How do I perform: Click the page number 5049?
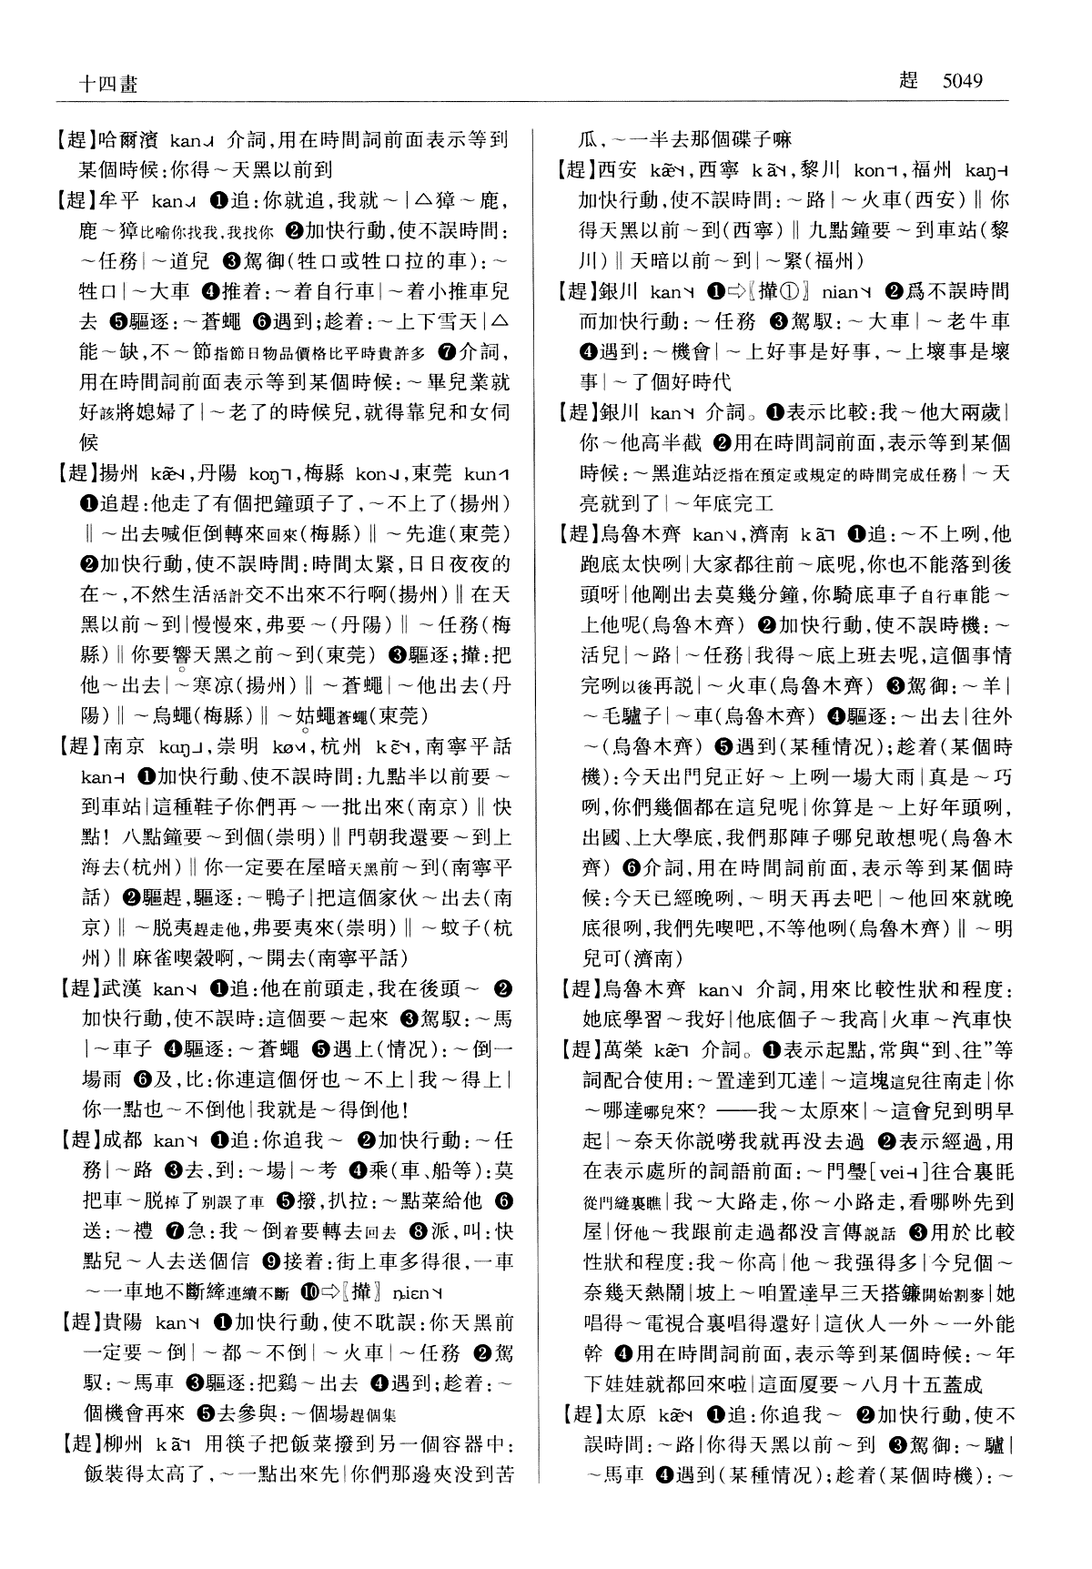point(963,80)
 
